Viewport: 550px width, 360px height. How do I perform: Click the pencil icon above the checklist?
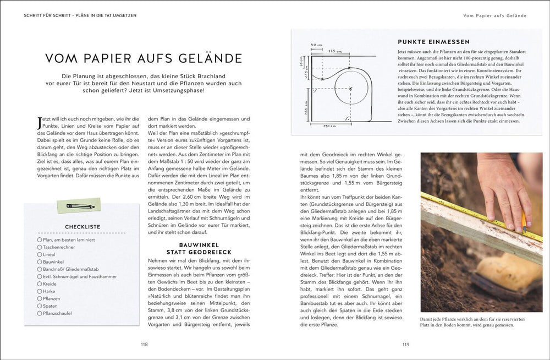click(80, 206)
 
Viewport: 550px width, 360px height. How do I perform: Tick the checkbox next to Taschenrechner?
click(40, 247)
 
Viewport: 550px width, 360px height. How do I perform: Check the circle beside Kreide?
click(40, 283)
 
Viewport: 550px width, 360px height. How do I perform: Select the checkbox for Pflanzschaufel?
click(40, 313)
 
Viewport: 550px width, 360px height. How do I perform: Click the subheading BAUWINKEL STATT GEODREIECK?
click(199, 248)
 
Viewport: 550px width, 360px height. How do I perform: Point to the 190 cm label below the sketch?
click(329, 126)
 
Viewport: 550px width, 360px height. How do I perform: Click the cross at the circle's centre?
click(350, 89)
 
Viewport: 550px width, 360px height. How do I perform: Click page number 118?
click(144, 345)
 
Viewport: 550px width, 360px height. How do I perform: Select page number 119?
click(406, 345)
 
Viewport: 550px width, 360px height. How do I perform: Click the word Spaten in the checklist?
click(51, 306)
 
